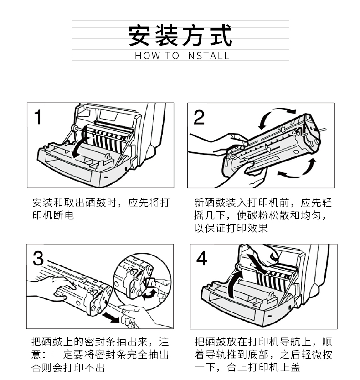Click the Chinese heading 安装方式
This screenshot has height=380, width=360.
[x=180, y=36]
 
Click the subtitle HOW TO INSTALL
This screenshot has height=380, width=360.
[x=182, y=56]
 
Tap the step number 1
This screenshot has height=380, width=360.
[x=38, y=117]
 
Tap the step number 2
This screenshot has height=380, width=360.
[x=199, y=117]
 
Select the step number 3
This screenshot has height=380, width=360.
[x=38, y=258]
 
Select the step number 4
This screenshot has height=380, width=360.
[x=201, y=258]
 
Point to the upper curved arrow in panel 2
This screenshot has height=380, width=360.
[x=273, y=116]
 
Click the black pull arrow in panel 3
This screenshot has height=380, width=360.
[x=111, y=318]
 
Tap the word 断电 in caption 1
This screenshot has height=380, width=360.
[x=63, y=215]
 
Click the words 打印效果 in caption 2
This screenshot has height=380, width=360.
[x=247, y=228]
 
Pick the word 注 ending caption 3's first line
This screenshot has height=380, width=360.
[x=164, y=342]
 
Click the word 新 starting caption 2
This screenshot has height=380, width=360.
[x=199, y=203]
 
